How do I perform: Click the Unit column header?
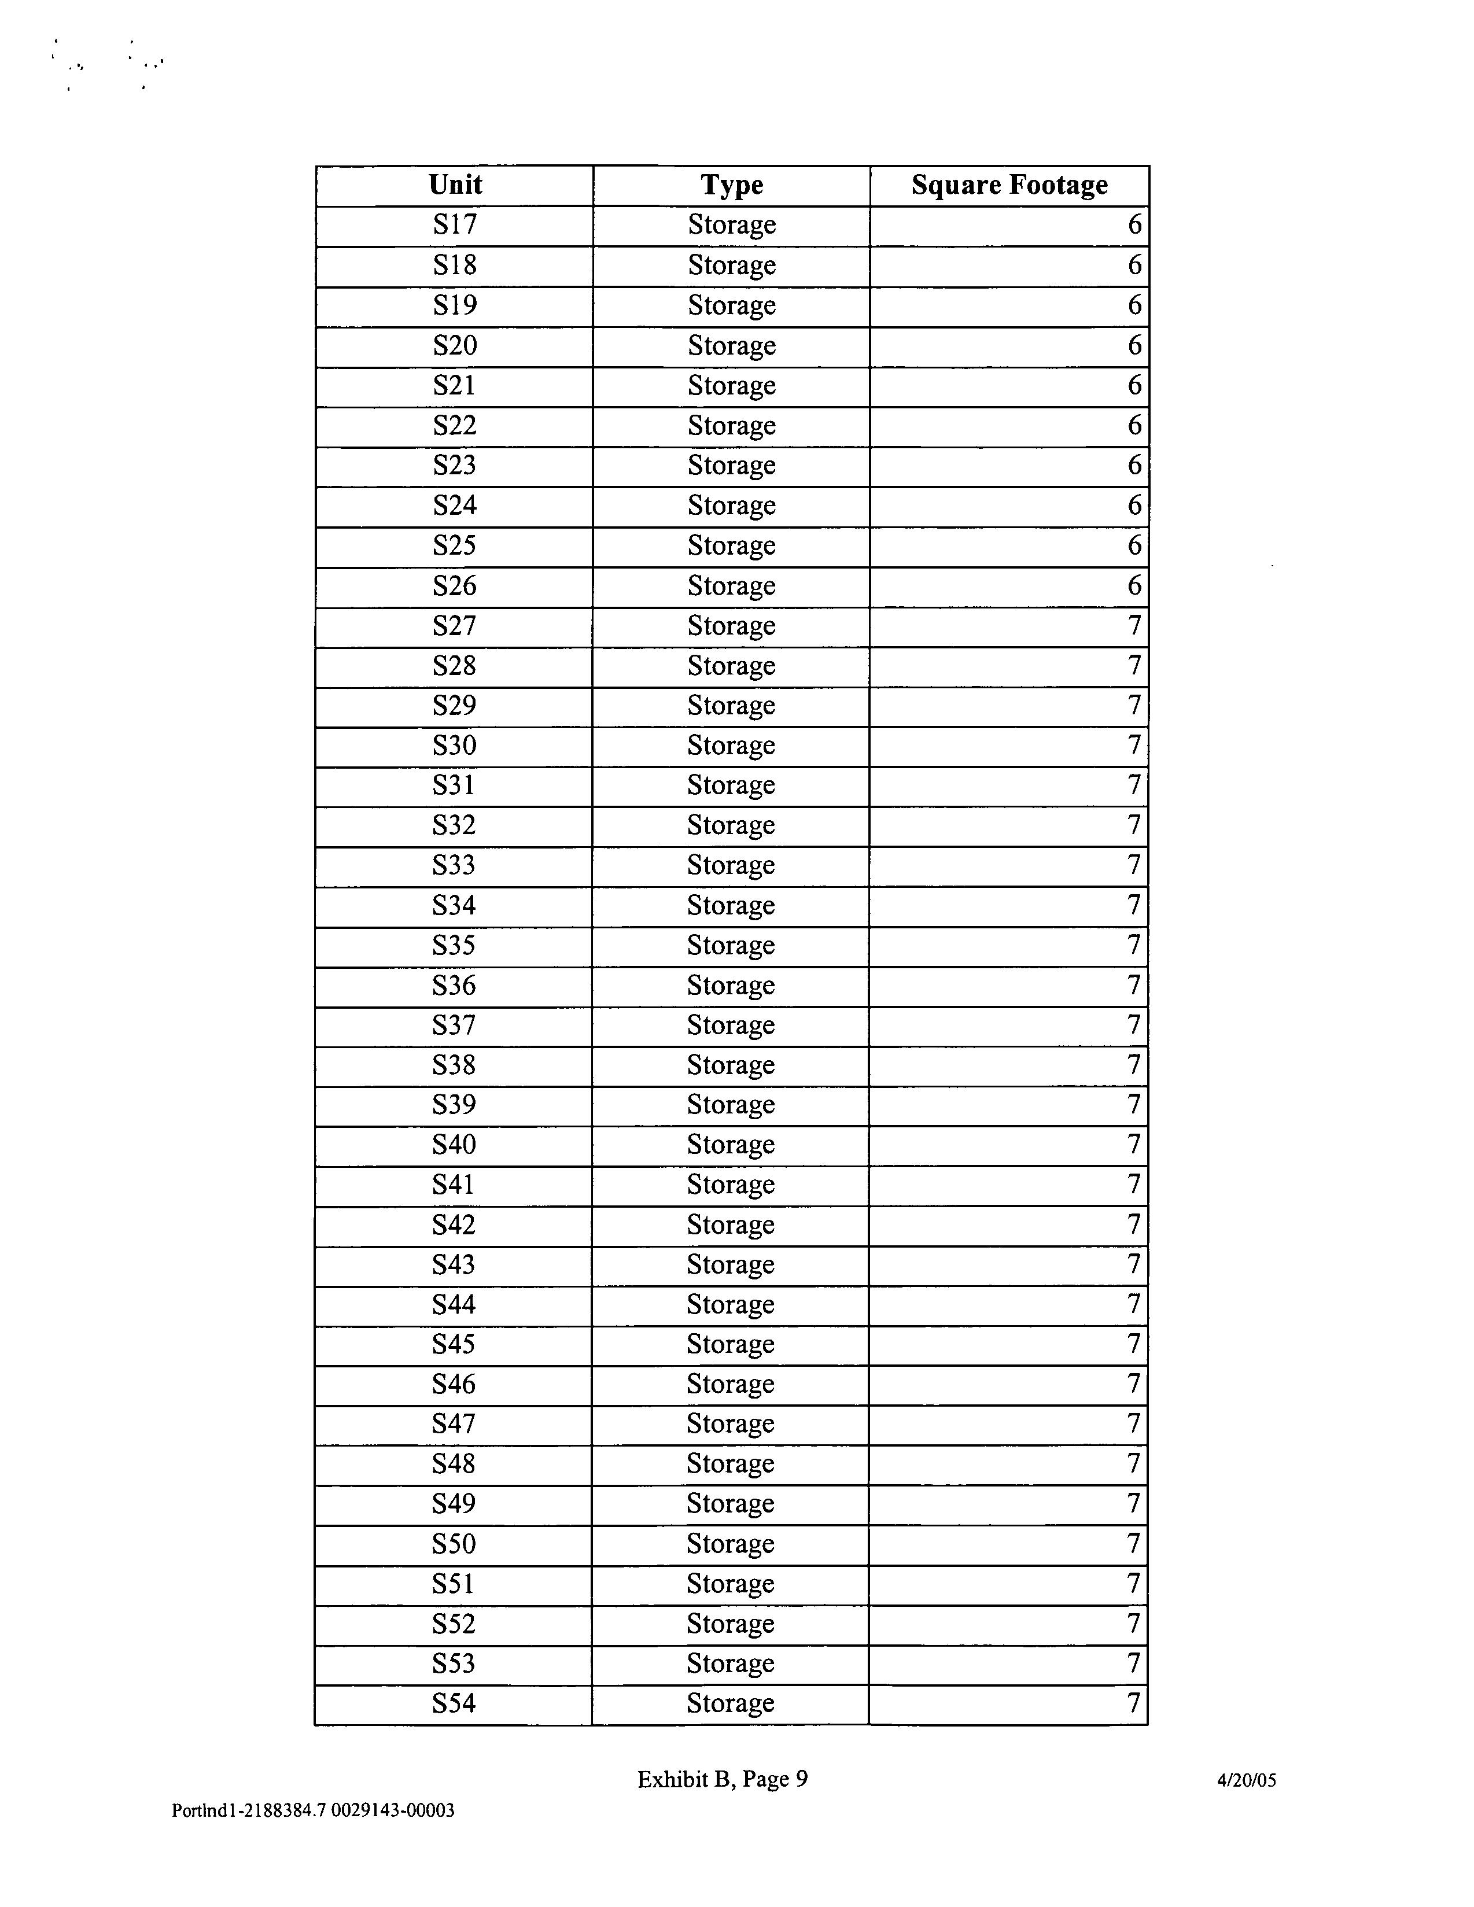tap(455, 185)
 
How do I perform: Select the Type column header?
tap(732, 185)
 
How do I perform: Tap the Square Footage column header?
tap(1009, 185)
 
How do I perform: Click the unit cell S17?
tap(455, 225)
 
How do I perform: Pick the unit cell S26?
tap(455, 586)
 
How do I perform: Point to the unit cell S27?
tap(455, 626)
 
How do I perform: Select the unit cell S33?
tap(454, 865)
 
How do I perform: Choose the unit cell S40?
tap(454, 1145)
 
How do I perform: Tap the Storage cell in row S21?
tap(732, 386)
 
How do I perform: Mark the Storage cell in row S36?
tap(731, 986)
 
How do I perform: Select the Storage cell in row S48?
tap(731, 1465)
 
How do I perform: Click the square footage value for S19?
tap(1134, 305)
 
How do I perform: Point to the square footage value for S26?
tap(1134, 586)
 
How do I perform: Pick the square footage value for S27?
tap(1134, 626)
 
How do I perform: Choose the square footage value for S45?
tap(1133, 1345)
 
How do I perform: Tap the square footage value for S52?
tap(1133, 1624)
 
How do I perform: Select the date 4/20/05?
tap(1246, 1780)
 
